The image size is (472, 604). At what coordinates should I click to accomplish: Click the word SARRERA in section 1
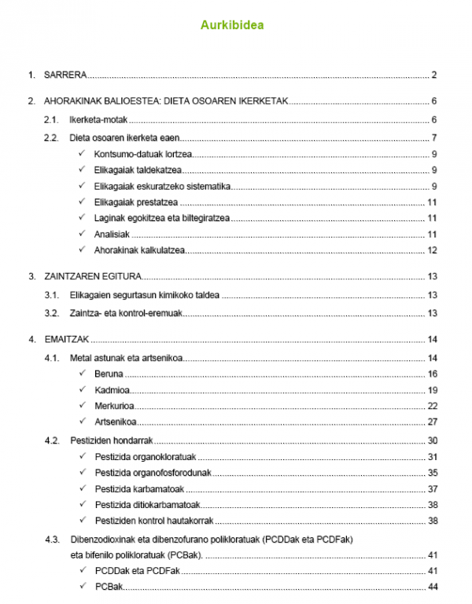tap(65, 75)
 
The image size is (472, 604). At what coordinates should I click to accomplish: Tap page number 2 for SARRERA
tap(433, 75)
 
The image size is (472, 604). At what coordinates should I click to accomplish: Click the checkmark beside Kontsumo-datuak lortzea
tap(83, 153)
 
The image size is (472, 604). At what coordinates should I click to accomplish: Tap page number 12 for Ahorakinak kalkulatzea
tap(432, 250)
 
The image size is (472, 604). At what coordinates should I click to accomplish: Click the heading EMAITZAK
tap(66, 340)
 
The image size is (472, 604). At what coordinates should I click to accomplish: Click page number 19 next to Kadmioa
tap(432, 389)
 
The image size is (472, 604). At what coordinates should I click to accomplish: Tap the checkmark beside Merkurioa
tap(83, 405)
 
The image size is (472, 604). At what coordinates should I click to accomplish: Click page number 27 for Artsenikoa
tap(432, 422)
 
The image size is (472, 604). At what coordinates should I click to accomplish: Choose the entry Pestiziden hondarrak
tap(111, 440)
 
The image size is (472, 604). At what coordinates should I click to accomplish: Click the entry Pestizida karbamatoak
tap(139, 488)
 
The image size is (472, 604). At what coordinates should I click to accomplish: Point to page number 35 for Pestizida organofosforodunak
tap(432, 473)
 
